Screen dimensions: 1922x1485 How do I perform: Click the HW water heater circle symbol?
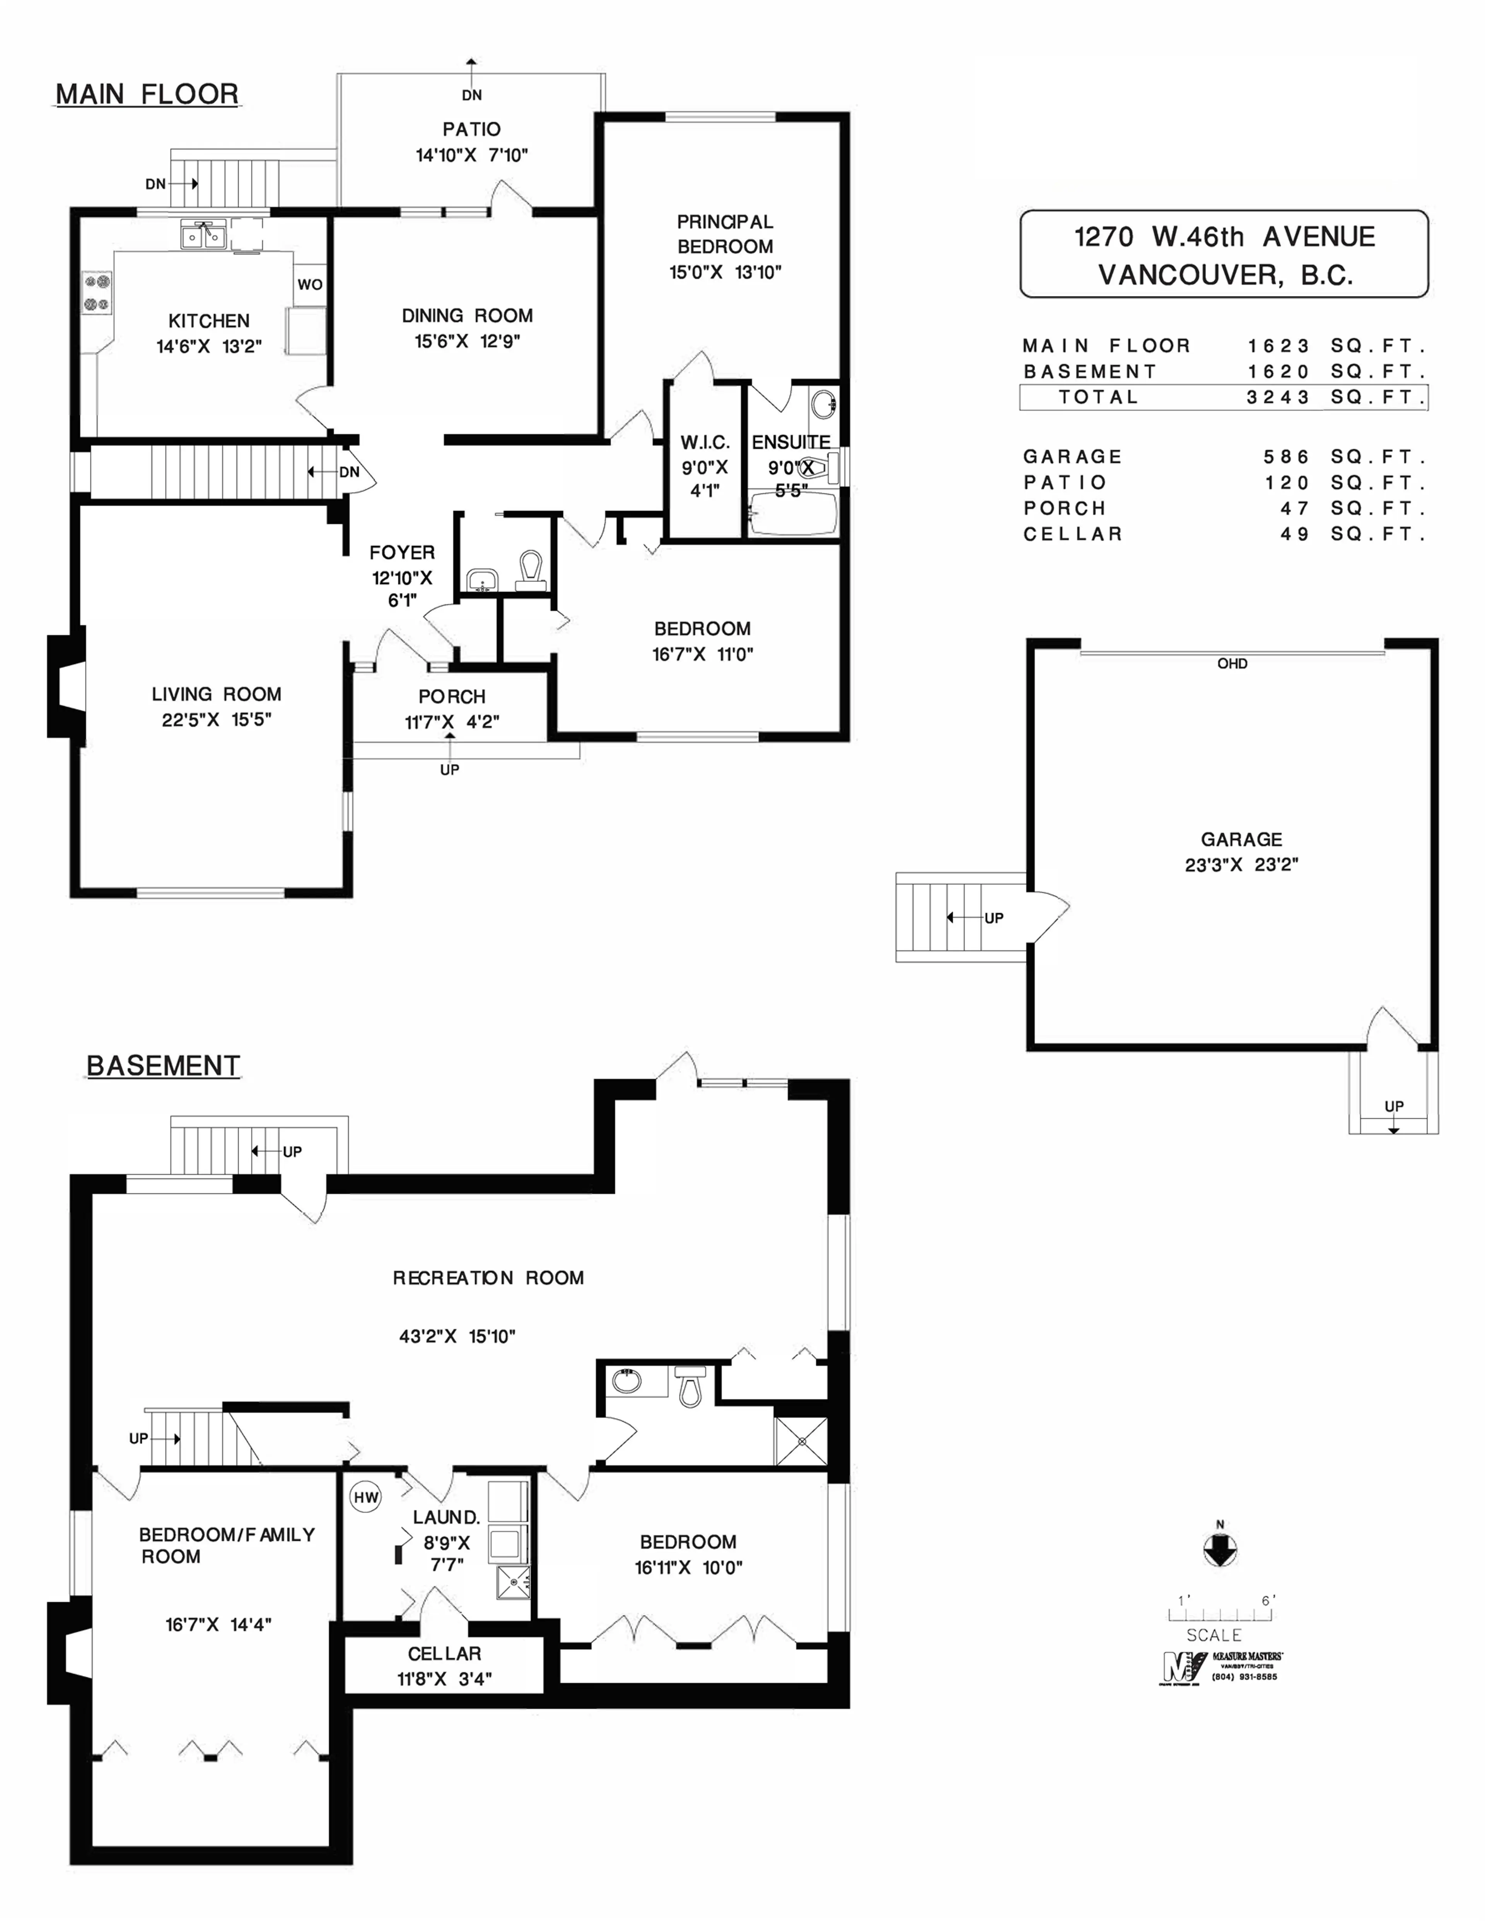click(x=366, y=1497)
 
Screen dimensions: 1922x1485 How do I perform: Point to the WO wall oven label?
click(x=310, y=284)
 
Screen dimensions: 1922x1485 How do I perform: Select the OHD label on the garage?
click(x=1232, y=664)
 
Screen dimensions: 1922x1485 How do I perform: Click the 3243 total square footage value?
click(x=1278, y=397)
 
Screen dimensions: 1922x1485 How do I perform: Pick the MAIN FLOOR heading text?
click(x=147, y=94)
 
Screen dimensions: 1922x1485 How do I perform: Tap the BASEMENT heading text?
click(x=163, y=1066)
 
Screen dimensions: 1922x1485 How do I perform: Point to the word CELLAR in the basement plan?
click(x=444, y=1654)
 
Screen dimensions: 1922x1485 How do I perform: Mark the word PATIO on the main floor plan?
click(x=472, y=130)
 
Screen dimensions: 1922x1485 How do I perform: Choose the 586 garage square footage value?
click(x=1287, y=457)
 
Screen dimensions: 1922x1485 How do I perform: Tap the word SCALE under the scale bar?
click(x=1214, y=1635)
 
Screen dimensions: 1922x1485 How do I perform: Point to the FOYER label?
click(x=402, y=553)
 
